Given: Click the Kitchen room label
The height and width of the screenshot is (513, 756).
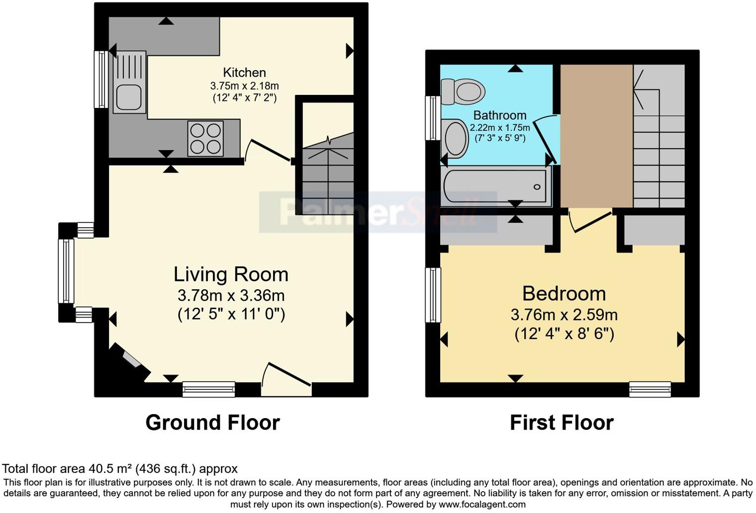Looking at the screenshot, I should (244, 73).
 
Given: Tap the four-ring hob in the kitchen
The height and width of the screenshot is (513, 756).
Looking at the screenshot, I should (205, 138).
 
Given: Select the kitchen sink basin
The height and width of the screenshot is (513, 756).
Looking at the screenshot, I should (129, 96).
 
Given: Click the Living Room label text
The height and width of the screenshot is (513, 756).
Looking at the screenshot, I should (231, 274).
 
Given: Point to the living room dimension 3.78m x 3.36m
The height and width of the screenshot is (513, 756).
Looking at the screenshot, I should (231, 296).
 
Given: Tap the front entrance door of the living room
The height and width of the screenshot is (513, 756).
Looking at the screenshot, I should (287, 380).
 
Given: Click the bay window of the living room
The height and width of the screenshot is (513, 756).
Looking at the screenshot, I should (66, 271).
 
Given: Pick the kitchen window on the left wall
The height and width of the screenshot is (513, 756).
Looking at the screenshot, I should (101, 80).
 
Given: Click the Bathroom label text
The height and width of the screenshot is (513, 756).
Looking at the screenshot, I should (499, 116).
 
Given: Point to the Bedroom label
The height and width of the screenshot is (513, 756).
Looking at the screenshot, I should (564, 294).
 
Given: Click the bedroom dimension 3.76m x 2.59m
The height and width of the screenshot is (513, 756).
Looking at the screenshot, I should (564, 315).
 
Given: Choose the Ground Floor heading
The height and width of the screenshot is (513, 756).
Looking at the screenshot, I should (212, 423).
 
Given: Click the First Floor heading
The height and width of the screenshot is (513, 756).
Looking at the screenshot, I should (562, 423).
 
